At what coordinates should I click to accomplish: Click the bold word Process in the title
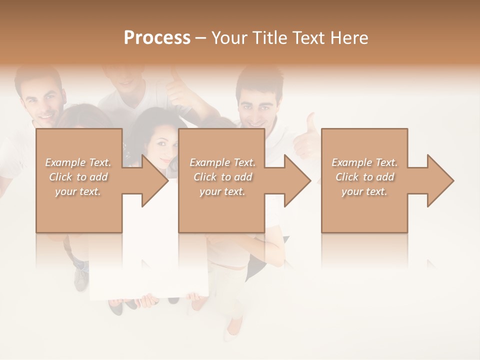(x=157, y=38)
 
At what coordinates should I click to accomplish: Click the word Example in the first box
(x=65, y=162)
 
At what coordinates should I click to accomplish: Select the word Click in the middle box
(x=204, y=177)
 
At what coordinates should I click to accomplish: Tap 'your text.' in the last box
(x=364, y=191)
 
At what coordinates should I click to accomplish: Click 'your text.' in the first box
(x=77, y=191)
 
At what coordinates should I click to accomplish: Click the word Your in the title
(x=228, y=38)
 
